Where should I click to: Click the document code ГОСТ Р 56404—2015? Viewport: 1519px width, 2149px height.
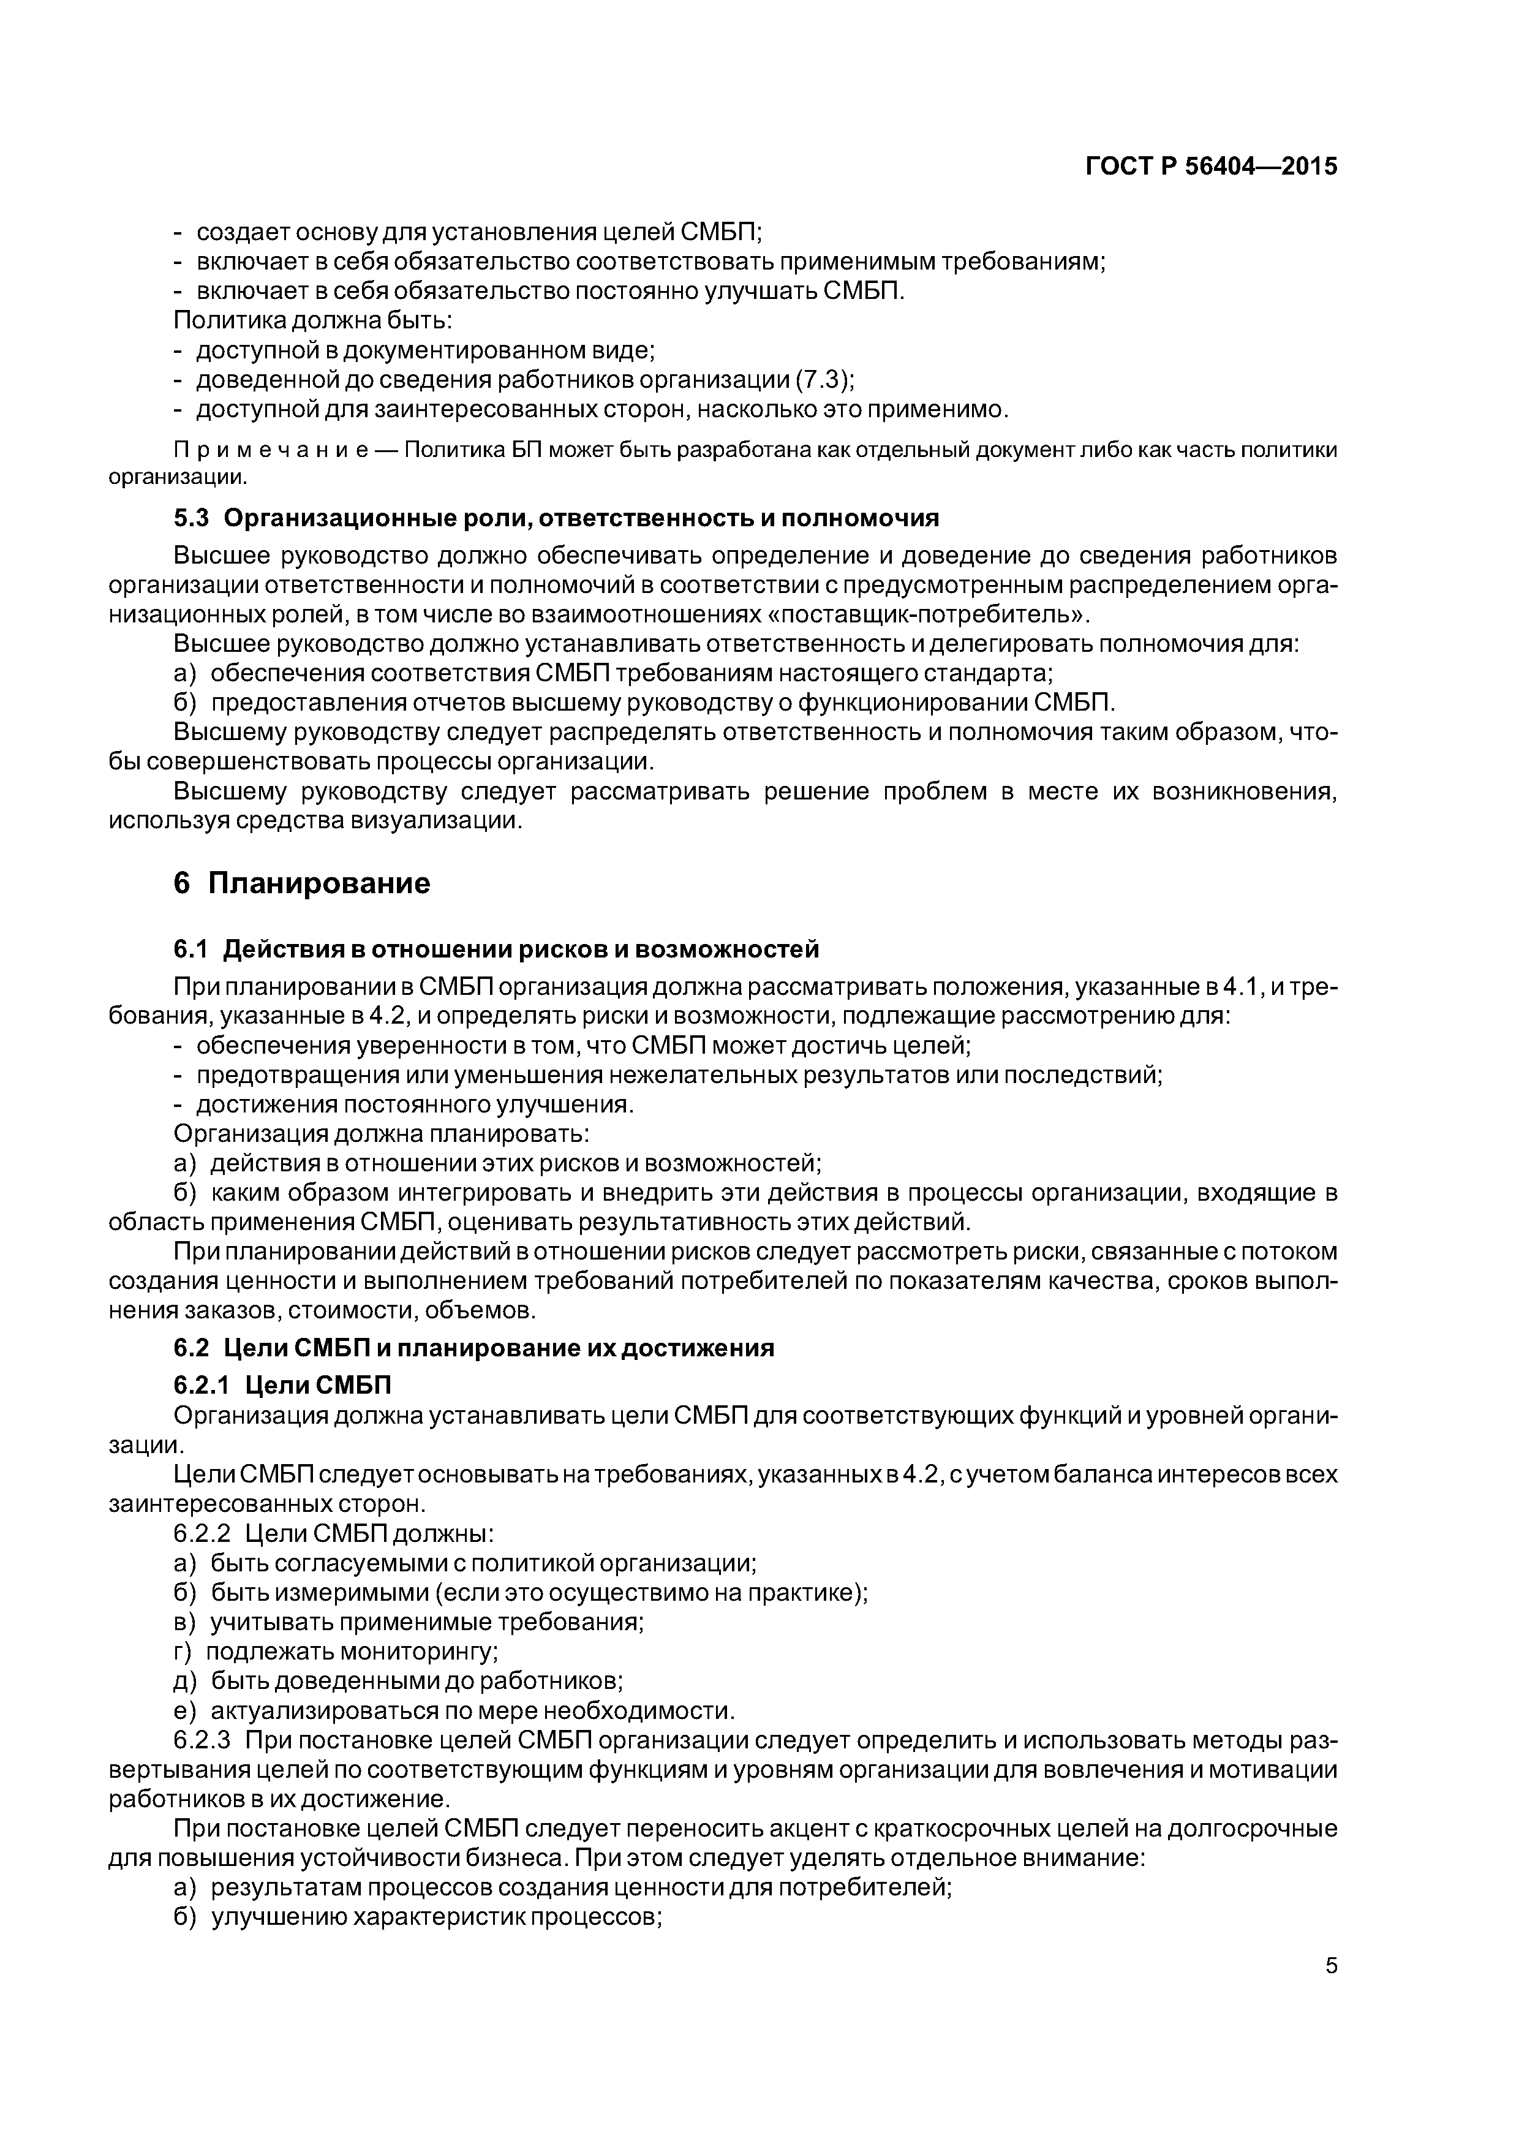pyautogui.click(x=1211, y=167)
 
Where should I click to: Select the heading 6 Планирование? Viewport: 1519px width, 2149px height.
pyautogui.click(x=303, y=883)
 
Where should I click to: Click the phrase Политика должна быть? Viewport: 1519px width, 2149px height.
pyautogui.click(x=312, y=321)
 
